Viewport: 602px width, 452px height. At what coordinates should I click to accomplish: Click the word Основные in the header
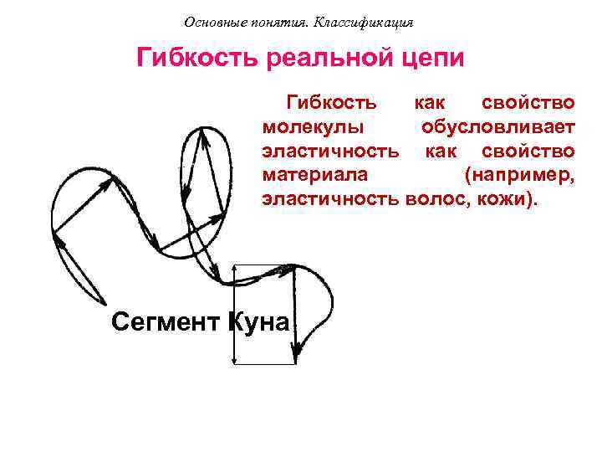tap(213, 22)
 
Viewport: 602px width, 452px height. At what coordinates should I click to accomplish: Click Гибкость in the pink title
tap(198, 59)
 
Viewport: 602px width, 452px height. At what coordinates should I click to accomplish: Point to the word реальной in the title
tap(328, 59)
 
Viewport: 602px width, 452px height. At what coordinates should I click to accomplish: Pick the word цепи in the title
tap(431, 59)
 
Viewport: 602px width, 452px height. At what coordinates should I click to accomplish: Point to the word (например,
tap(519, 176)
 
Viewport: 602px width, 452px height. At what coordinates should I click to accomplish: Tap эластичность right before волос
tap(331, 201)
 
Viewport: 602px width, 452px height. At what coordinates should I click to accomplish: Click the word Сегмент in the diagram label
tap(165, 321)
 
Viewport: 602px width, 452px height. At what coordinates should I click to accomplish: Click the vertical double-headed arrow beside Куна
tap(235, 313)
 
